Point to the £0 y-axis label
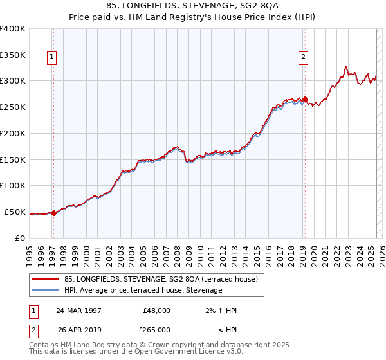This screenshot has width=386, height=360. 19,238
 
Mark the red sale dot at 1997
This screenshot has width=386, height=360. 54,213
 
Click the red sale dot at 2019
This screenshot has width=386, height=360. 305,100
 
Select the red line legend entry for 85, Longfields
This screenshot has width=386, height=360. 161,279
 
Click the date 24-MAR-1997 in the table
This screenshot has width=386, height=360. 78,310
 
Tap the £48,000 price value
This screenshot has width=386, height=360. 156,310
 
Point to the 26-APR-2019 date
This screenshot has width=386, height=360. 78,330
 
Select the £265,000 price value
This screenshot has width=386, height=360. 156,330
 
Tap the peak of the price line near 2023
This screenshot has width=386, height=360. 346,66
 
